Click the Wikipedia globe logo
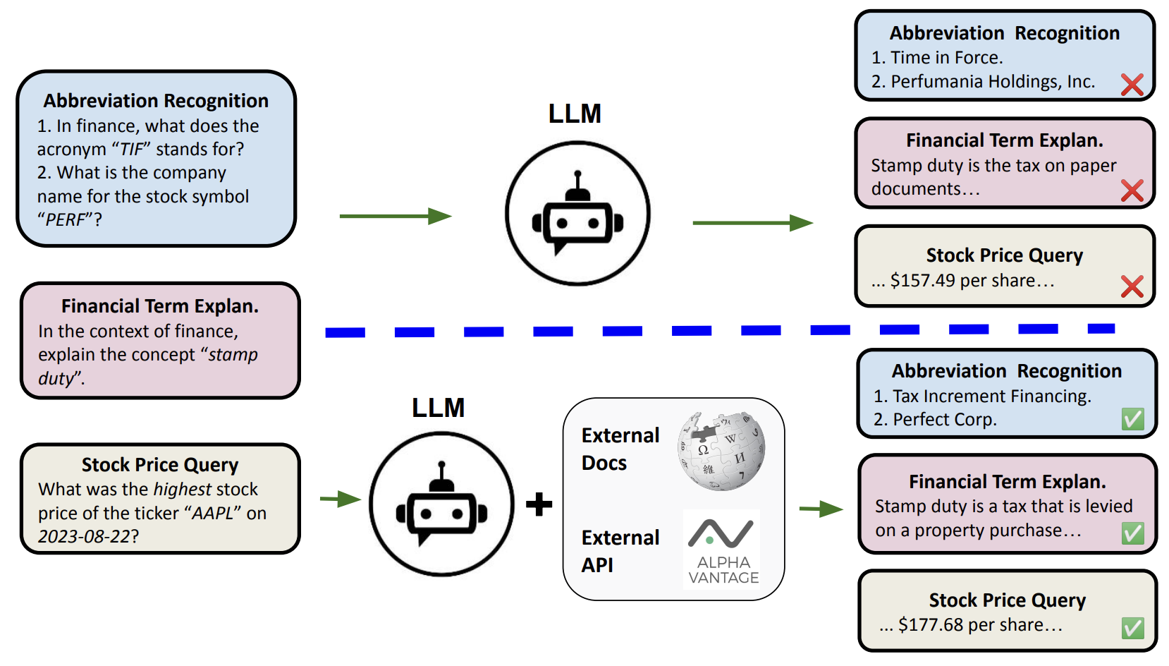tap(721, 452)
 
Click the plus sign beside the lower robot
tap(539, 504)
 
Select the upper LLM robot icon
tap(577, 214)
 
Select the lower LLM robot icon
tap(442, 504)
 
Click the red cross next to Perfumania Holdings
tap(1132, 85)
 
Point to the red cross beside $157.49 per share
tap(1132, 286)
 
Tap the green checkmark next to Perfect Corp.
tap(1132, 419)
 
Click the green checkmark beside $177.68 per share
tap(1132, 627)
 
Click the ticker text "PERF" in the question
tap(66, 220)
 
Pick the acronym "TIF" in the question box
tap(132, 150)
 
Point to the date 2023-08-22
tap(84, 537)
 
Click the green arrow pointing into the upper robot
tap(395, 216)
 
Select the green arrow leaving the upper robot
tap(752, 223)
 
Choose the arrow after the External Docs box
tap(821, 509)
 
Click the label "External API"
tap(620, 551)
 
